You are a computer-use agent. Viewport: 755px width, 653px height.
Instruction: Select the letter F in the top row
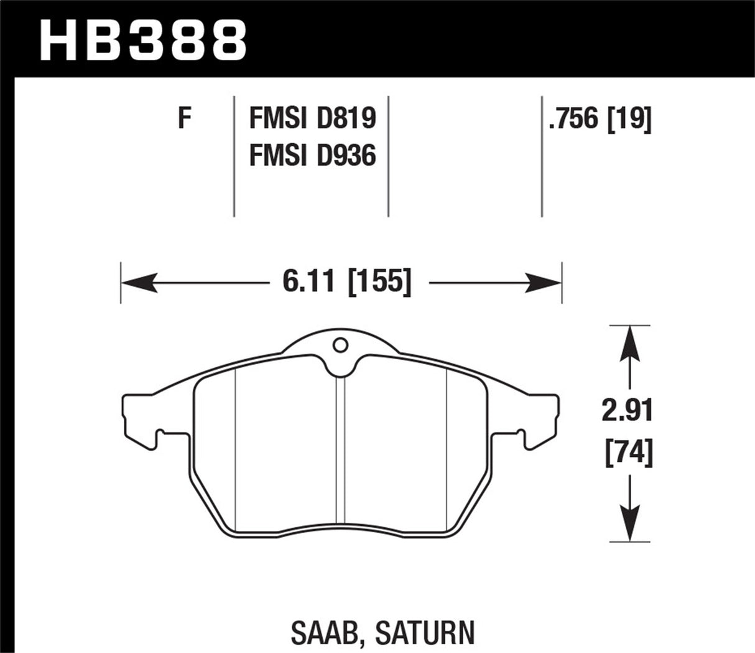pyautogui.click(x=183, y=118)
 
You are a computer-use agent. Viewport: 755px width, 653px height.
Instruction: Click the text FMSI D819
pyautogui.click(x=312, y=118)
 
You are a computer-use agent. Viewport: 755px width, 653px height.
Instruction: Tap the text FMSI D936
pyautogui.click(x=312, y=155)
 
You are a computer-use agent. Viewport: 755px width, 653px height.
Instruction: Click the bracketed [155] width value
pyautogui.click(x=379, y=283)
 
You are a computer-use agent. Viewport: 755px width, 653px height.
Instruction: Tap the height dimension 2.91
pyautogui.click(x=629, y=411)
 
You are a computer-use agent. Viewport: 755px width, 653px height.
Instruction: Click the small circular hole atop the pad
pyautogui.click(x=340, y=344)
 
